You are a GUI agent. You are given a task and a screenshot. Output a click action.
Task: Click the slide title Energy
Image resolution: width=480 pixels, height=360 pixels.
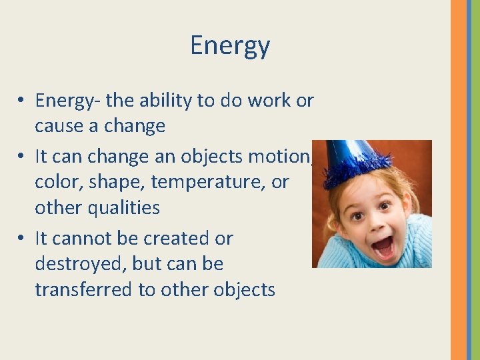pos(230,46)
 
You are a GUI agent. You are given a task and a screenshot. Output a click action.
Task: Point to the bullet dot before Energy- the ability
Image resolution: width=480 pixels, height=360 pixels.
pos(22,101)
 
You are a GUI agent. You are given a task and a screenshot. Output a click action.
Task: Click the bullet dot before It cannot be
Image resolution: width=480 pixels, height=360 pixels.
pos(22,238)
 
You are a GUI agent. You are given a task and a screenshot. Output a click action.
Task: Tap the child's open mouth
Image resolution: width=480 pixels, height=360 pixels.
pos(382,247)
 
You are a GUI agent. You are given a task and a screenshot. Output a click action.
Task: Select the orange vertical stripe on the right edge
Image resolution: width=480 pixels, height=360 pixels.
pos(458,180)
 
